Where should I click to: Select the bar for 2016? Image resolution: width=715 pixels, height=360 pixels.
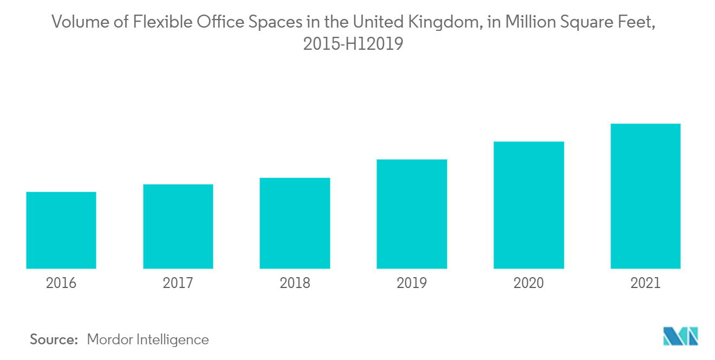pos(61,230)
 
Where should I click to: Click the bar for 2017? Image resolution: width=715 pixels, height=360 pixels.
pos(178,226)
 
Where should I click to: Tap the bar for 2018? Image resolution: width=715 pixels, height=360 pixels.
pos(295,223)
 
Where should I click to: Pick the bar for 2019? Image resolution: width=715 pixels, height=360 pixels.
pos(412,214)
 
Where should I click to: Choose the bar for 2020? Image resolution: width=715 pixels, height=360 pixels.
pos(529,205)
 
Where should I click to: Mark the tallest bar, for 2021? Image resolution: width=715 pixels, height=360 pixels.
pos(645,196)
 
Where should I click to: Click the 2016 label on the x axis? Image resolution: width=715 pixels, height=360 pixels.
pos(61,283)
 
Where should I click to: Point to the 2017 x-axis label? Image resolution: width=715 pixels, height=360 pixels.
pos(178,283)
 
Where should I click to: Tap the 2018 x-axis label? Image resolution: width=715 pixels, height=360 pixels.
pos(295,283)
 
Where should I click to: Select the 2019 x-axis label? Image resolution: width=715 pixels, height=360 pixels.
pos(412,283)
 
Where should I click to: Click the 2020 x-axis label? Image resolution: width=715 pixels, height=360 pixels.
pos(529,283)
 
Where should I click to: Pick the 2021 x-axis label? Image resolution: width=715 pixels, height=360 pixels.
pos(645,283)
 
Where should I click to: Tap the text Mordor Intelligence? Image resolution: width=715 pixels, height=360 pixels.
pos(147,339)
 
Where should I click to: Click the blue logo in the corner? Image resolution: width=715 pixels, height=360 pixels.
pos(680,336)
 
